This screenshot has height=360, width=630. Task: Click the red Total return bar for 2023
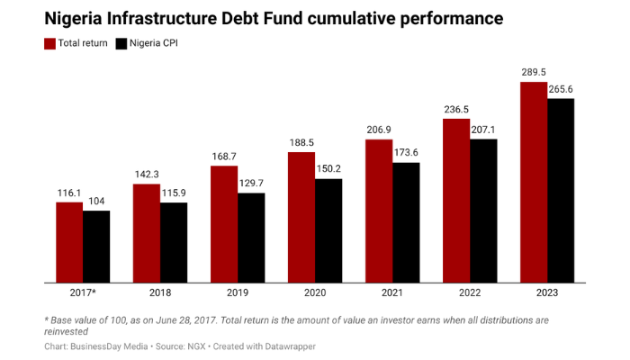click(x=534, y=182)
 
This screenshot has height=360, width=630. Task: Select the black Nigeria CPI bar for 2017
click(x=96, y=247)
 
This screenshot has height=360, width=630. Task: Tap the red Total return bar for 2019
click(x=224, y=224)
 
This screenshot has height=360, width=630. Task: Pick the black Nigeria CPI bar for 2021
click(x=406, y=222)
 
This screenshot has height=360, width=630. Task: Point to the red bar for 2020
click(x=301, y=217)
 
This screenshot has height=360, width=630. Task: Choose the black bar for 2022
click(x=483, y=211)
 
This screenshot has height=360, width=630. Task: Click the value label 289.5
click(x=534, y=71)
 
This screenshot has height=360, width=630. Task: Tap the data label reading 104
click(x=96, y=201)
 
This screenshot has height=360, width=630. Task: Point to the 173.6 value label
click(x=406, y=152)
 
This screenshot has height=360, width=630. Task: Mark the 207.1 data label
click(x=483, y=129)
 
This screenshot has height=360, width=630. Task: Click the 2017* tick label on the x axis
click(x=83, y=294)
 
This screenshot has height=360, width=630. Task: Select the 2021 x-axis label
click(x=392, y=294)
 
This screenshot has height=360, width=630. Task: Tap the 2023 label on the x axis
click(x=547, y=294)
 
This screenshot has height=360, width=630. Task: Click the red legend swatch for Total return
click(x=49, y=43)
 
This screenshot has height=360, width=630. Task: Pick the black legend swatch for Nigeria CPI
click(x=123, y=43)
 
